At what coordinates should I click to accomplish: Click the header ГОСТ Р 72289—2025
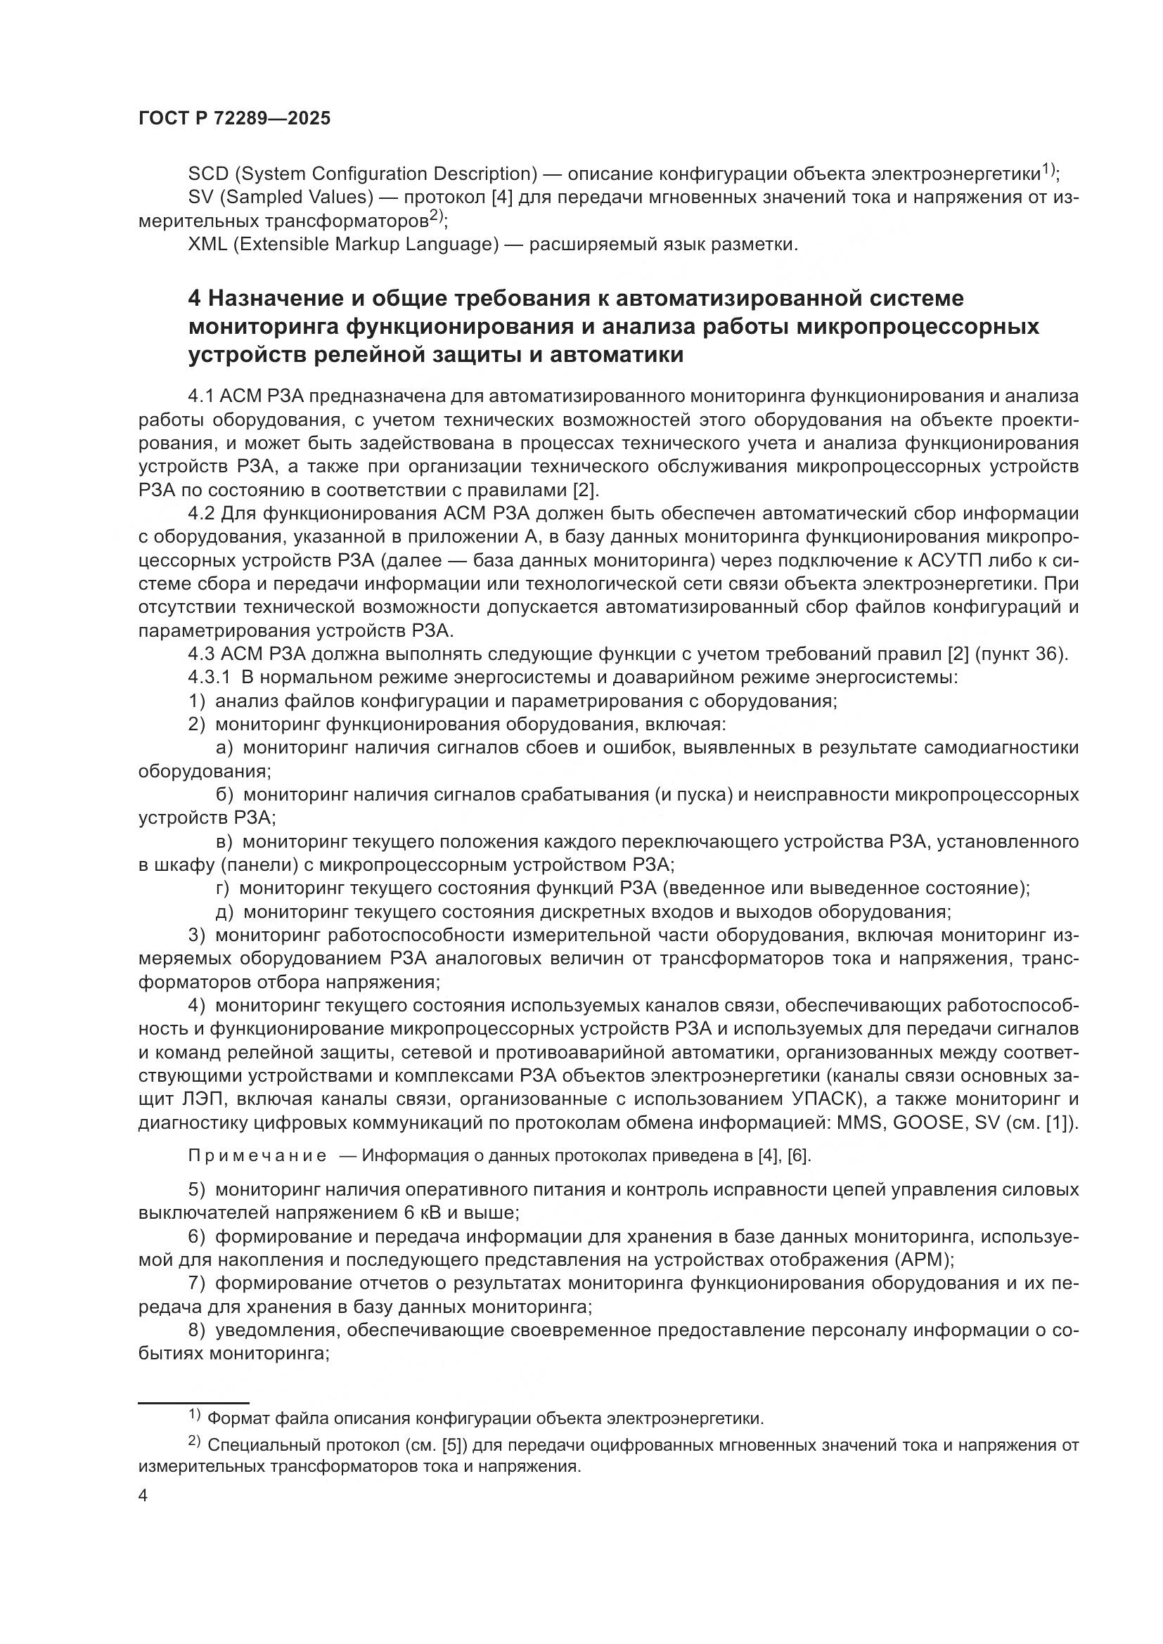(x=234, y=119)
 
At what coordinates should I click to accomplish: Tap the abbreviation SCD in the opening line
(x=208, y=174)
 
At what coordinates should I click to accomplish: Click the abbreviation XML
(x=208, y=244)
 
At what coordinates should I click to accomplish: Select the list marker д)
(x=225, y=912)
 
